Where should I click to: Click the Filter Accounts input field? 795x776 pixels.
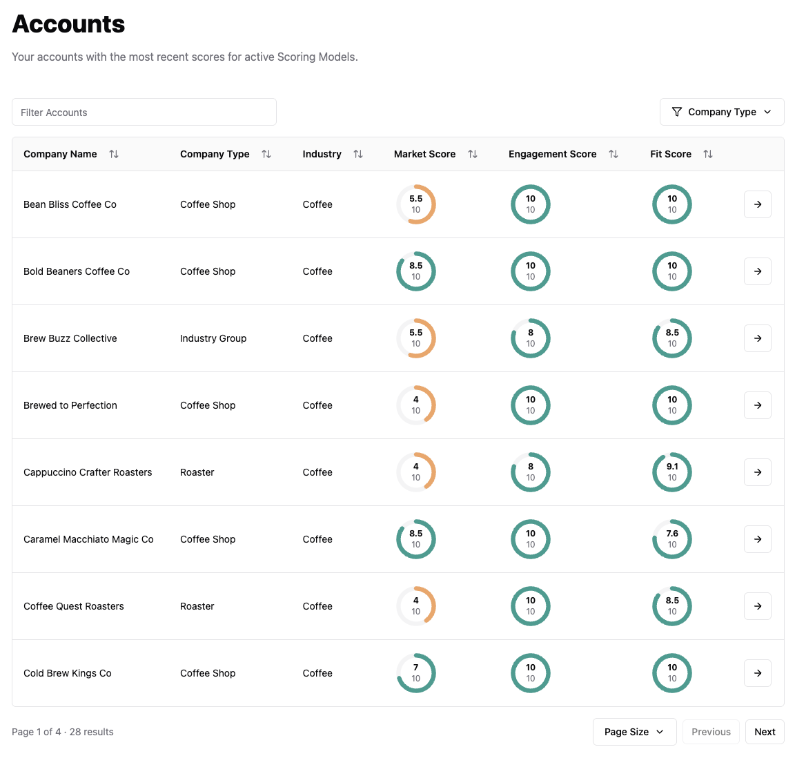coord(144,113)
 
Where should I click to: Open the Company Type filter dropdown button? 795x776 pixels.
coord(721,112)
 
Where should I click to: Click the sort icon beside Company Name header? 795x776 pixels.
coord(114,154)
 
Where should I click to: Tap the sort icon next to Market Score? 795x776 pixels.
coord(473,154)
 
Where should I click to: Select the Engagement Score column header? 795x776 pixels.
coord(552,154)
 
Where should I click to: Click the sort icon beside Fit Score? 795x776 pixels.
coord(708,154)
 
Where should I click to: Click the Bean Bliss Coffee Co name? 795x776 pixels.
coord(70,204)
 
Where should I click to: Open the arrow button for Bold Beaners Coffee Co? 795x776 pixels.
coord(757,271)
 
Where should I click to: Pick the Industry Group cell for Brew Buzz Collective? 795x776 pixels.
coord(213,338)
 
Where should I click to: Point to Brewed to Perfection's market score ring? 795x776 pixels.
coord(416,405)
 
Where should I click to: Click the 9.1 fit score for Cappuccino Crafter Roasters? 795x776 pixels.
coord(672,472)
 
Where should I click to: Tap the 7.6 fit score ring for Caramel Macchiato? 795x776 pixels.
coord(672,539)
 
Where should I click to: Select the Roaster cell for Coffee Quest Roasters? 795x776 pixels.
coord(197,606)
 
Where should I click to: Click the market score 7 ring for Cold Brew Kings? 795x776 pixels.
coord(416,673)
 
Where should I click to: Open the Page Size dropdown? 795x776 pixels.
coord(634,732)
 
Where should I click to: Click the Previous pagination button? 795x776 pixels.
coord(711,732)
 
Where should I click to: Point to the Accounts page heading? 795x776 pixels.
coord(69,24)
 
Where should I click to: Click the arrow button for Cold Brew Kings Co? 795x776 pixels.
coord(757,673)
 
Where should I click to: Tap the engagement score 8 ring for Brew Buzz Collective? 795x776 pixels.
coord(531,338)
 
